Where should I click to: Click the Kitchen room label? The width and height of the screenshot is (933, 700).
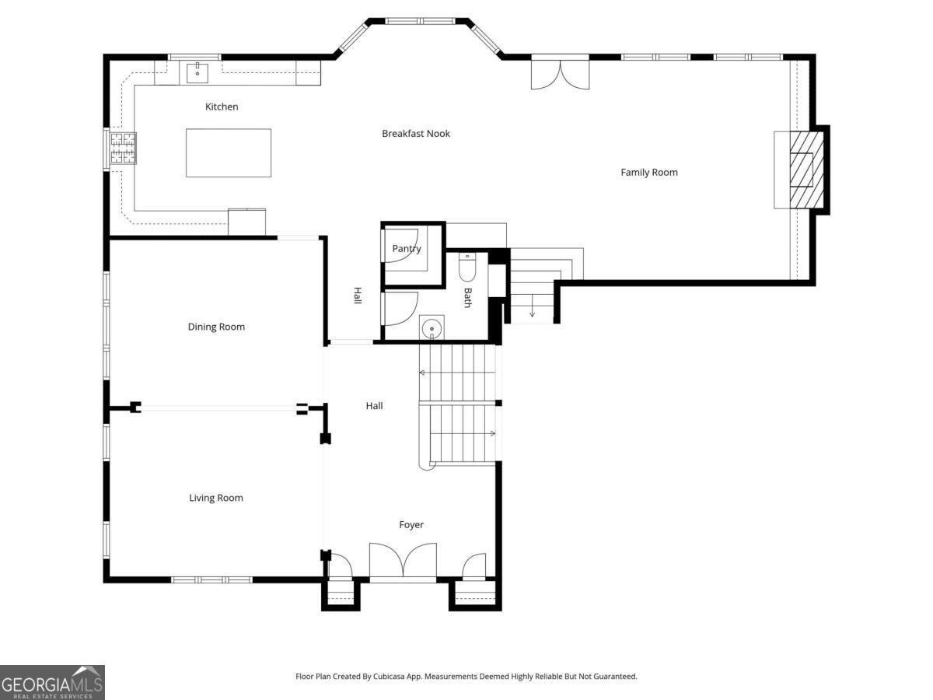(222, 107)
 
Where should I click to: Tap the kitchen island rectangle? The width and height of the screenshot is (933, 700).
(229, 152)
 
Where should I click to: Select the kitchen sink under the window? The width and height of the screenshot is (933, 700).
(197, 73)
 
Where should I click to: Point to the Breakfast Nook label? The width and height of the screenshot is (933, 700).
(416, 134)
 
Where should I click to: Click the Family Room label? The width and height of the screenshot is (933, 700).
(649, 173)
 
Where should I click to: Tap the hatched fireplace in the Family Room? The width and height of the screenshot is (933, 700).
(802, 170)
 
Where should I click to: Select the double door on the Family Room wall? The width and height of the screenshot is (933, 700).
(560, 72)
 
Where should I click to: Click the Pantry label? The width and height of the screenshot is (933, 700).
(407, 249)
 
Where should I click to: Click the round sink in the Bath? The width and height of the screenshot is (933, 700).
(431, 329)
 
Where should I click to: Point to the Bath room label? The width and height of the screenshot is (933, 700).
(467, 298)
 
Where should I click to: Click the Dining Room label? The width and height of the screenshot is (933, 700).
(216, 327)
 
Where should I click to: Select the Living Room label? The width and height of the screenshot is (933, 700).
(216, 498)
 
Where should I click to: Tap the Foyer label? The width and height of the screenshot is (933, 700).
(411, 525)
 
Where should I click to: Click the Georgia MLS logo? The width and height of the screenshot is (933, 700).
(52, 682)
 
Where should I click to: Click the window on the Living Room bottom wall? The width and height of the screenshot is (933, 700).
(211, 579)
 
